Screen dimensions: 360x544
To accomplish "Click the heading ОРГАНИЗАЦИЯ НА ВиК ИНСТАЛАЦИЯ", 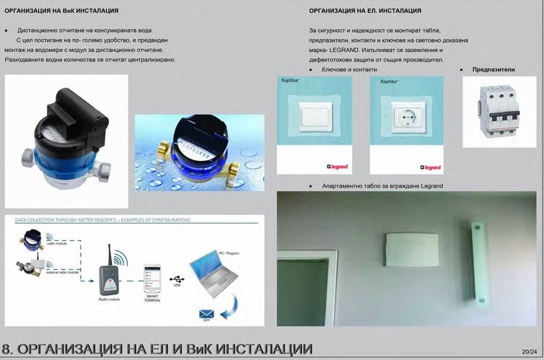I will click(61, 12).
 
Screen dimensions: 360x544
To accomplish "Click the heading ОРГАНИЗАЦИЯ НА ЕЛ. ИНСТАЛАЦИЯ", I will click(364, 12).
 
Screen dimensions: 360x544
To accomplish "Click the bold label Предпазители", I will click(493, 69).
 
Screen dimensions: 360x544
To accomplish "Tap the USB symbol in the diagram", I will click(175, 278).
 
